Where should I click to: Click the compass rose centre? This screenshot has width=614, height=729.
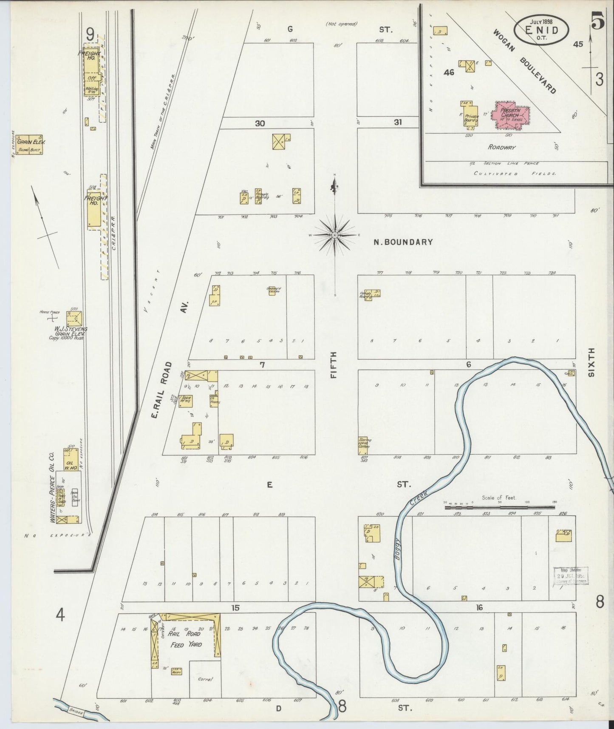pos(335,234)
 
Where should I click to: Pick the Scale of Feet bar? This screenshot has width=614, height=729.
pos(500,507)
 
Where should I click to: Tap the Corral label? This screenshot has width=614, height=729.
pos(205,679)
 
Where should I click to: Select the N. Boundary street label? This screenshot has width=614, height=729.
pos(403,242)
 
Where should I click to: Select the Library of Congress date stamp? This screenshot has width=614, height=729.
pos(570,575)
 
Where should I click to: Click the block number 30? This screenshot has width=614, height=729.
pos(260,123)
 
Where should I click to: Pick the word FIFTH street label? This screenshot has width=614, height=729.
pos(334,365)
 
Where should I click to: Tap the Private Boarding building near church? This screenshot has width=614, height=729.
pos(471,115)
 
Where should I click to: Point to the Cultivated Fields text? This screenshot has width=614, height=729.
pos(515,174)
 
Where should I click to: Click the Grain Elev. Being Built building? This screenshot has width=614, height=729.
pos(29,145)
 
